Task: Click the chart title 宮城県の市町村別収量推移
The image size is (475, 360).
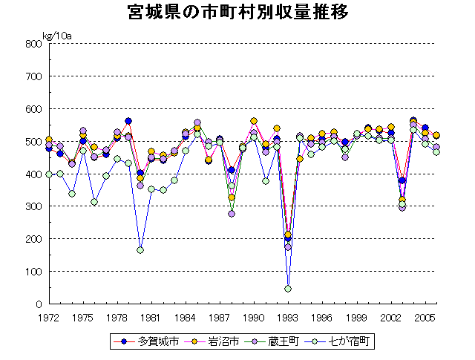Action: pyautogui.click(x=237, y=13)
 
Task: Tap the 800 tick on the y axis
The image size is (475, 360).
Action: pyautogui.click(x=33, y=44)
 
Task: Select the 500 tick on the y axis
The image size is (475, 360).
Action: pyautogui.click(x=33, y=142)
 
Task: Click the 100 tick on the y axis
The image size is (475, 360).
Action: pyautogui.click(x=33, y=272)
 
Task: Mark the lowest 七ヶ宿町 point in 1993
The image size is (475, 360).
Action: pyautogui.click(x=288, y=289)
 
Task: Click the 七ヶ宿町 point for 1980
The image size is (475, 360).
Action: pyautogui.click(x=140, y=250)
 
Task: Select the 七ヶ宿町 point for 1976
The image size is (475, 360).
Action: pyautogui.click(x=94, y=202)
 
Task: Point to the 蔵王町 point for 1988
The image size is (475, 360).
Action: pyautogui.click(x=232, y=214)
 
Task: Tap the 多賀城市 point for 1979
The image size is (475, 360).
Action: pyautogui.click(x=128, y=121)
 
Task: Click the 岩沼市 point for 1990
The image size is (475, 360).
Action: pyautogui.click(x=254, y=121)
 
